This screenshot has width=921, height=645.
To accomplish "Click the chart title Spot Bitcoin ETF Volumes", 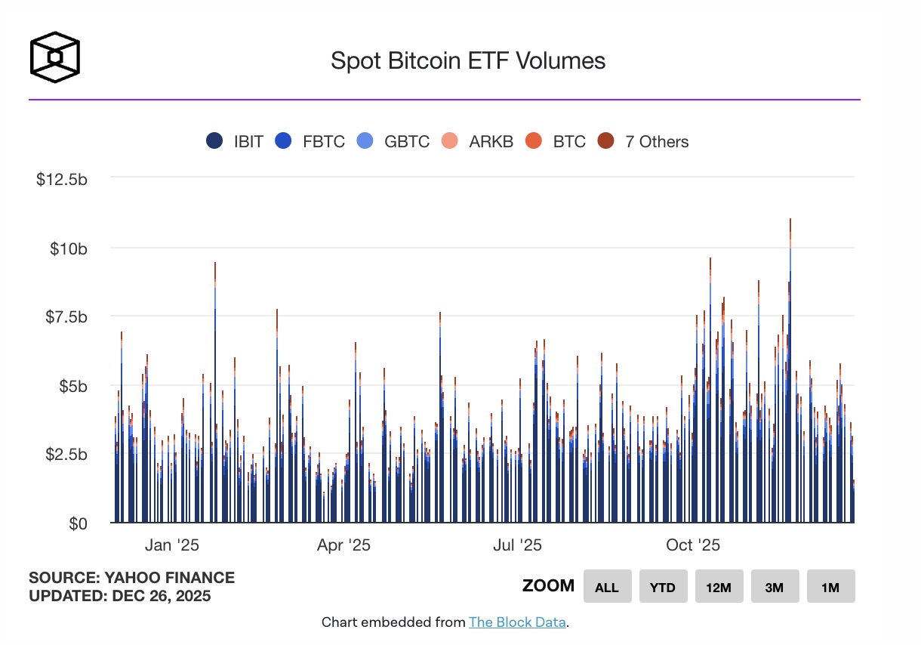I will click(x=468, y=60).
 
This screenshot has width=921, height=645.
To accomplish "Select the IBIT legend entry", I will click(x=235, y=141).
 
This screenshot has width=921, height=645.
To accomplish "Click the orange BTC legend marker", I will click(x=534, y=141).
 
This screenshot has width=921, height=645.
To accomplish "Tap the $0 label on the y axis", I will click(x=75, y=523).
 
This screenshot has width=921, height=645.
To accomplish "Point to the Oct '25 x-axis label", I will click(x=693, y=545).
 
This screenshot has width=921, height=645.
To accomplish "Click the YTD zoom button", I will click(x=663, y=587).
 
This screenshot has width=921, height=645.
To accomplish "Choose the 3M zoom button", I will click(x=775, y=587).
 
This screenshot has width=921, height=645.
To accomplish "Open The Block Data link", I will click(x=516, y=622).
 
